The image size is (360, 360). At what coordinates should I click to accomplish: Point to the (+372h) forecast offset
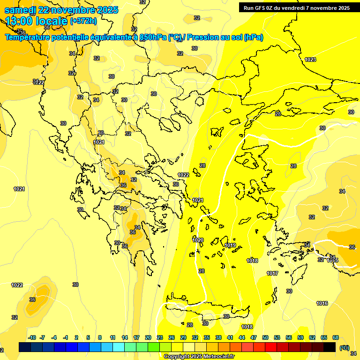pos(83,21)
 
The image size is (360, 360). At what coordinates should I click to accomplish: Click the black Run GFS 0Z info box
pos(297,7)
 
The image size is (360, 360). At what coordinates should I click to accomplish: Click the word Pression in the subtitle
pos(204,37)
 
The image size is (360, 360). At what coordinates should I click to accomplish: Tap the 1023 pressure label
pos(310,60)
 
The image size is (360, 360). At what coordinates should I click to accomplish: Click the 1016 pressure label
pos(322,304)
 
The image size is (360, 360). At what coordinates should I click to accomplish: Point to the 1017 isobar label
pos(273,273)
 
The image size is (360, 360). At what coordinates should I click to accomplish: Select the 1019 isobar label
pos(230,245)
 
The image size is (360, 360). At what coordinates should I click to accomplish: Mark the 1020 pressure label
pos(198,240)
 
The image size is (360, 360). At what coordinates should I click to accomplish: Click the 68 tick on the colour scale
pos(336,337)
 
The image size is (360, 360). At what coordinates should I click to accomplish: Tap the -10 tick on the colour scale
pos(32,337)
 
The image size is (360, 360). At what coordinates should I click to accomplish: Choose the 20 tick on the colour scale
pos(148,337)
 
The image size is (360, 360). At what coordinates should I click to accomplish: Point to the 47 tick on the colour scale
pos(254,337)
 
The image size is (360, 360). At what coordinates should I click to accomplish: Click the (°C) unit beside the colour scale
pos(344,347)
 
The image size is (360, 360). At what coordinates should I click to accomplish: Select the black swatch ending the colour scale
pos(330,347)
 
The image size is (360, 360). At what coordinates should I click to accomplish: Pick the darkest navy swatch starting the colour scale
pos(25,347)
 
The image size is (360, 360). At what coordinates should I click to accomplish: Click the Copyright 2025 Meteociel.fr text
pos(199,356)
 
